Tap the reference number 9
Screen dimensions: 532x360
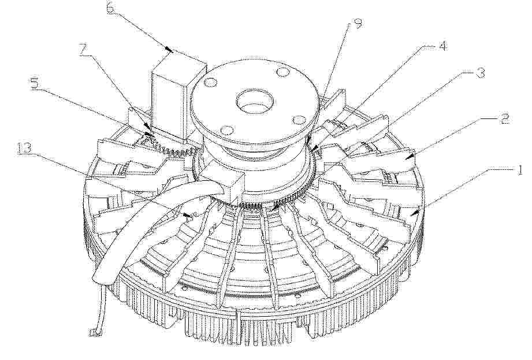tap(358, 23)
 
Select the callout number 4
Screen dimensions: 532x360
tap(441, 46)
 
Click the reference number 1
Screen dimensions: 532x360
tap(519, 169)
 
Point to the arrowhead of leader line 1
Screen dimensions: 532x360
tap(411, 214)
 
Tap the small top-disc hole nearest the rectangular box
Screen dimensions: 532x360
tap(210, 82)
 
